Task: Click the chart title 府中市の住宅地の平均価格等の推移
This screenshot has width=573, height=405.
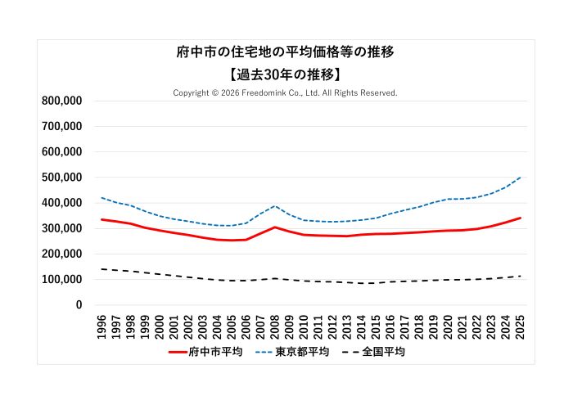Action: (286, 52)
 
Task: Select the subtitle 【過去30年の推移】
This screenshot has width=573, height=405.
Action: (286, 74)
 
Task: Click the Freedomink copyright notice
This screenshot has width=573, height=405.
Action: (285, 93)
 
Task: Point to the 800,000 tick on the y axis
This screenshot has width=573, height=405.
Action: (61, 101)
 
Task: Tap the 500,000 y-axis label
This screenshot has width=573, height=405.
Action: (61, 177)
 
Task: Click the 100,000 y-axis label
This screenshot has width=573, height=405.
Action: (61, 279)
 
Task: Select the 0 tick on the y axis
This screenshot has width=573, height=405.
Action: (79, 304)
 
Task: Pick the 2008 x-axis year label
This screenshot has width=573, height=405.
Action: (276, 325)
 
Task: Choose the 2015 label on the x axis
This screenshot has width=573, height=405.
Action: (377, 325)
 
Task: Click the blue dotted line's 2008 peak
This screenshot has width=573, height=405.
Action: (276, 206)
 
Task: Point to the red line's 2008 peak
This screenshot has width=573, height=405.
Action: (276, 227)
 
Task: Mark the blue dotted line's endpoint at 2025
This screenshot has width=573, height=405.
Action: (521, 178)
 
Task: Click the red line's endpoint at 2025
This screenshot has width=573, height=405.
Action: (521, 218)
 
